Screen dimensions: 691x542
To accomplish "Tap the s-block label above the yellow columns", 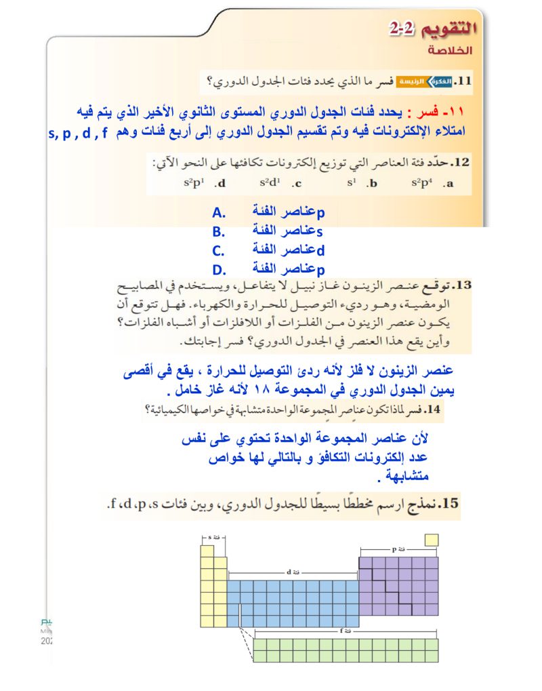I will click(215, 538).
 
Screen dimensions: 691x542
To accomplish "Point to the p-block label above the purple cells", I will click(398, 549).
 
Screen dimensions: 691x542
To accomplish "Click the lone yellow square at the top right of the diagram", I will click(431, 540).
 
